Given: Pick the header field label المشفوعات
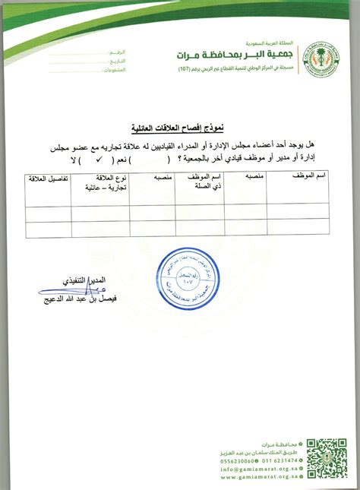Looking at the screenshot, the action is pos(110,68).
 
